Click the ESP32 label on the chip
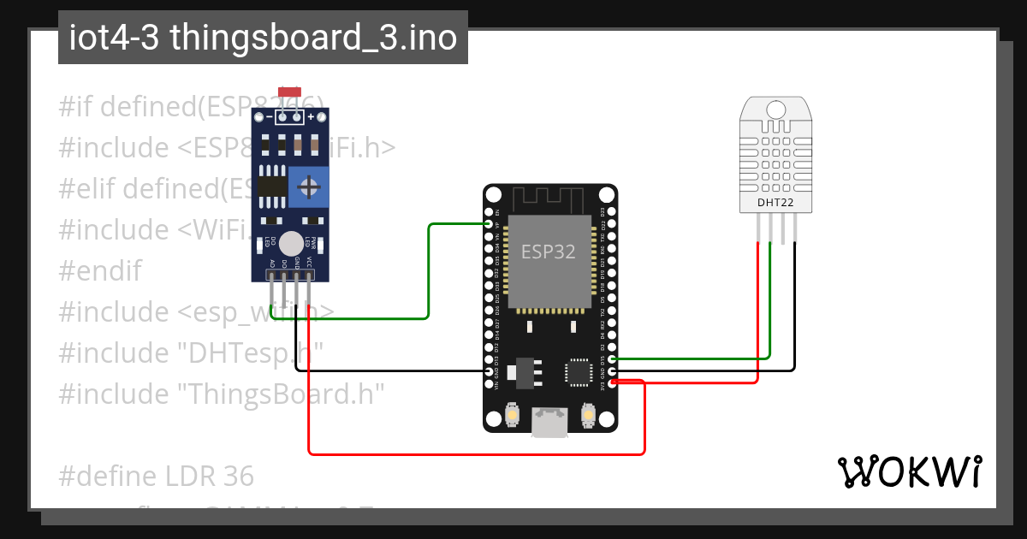tap(549, 252)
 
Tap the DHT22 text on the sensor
tap(775, 203)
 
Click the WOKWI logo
tap(909, 471)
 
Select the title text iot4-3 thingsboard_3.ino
tap(263, 38)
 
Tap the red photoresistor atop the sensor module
tap(289, 92)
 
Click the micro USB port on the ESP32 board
tap(549, 422)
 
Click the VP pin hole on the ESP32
tap(489, 224)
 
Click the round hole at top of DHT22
tap(775, 110)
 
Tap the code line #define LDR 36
tap(157, 475)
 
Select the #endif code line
tap(99, 270)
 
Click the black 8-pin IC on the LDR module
tap(272, 186)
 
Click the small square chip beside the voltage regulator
tap(578, 372)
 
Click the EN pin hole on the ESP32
tap(489, 211)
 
